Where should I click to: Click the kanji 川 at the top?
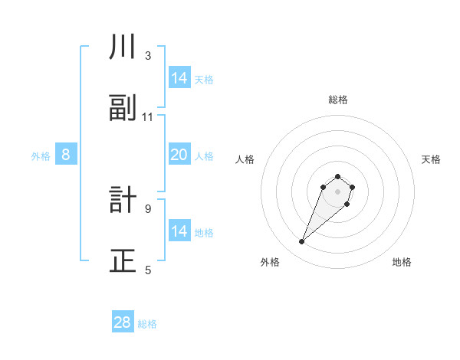click(x=123, y=47)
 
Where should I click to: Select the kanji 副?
click(x=123, y=109)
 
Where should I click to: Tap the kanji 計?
click(x=123, y=201)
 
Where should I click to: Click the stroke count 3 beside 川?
click(x=148, y=56)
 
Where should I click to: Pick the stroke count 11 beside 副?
click(x=148, y=117)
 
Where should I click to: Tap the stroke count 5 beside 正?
click(x=148, y=270)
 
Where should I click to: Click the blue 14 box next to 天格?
click(x=179, y=78)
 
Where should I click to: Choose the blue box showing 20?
click(x=179, y=155)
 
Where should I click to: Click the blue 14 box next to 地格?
click(x=179, y=231)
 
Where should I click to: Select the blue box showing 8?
click(x=66, y=155)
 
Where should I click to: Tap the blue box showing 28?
click(x=123, y=322)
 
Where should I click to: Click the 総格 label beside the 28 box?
click(x=147, y=324)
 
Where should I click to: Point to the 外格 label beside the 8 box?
click(x=41, y=156)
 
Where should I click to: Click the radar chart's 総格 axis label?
click(x=338, y=100)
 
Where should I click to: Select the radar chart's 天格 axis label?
click(x=431, y=159)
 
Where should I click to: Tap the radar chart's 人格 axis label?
click(x=245, y=159)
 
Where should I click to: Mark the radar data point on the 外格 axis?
click(x=302, y=242)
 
